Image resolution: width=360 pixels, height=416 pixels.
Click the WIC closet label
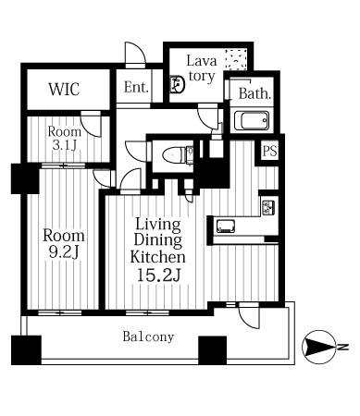[x=64, y=89]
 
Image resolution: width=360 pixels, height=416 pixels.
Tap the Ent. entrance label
[x=136, y=87]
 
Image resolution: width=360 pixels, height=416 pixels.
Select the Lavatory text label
[x=202, y=68]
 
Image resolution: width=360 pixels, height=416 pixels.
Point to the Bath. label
[x=254, y=93]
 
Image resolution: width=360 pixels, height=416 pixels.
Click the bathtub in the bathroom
[x=252, y=120]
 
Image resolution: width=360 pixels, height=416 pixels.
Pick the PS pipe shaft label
[x=269, y=151]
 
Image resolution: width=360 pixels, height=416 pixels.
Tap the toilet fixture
[x=178, y=154]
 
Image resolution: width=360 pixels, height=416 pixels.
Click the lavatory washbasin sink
[x=178, y=84]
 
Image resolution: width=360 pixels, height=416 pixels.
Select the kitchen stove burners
[x=268, y=207]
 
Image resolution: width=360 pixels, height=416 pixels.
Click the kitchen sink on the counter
[x=226, y=226]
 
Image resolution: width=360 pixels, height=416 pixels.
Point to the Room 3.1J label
[x=64, y=139]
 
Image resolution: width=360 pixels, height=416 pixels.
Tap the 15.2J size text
[x=158, y=275]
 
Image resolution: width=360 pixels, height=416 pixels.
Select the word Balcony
[x=148, y=336]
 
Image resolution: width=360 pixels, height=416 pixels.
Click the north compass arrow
[x=319, y=347]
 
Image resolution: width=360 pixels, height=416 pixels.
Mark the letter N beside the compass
[x=342, y=347]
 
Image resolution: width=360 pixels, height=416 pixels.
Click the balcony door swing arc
[x=252, y=321]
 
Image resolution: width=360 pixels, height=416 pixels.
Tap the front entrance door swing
[x=135, y=55]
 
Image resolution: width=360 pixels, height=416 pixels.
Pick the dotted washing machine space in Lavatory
[x=236, y=59]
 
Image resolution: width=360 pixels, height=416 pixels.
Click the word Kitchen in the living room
[x=157, y=256]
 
